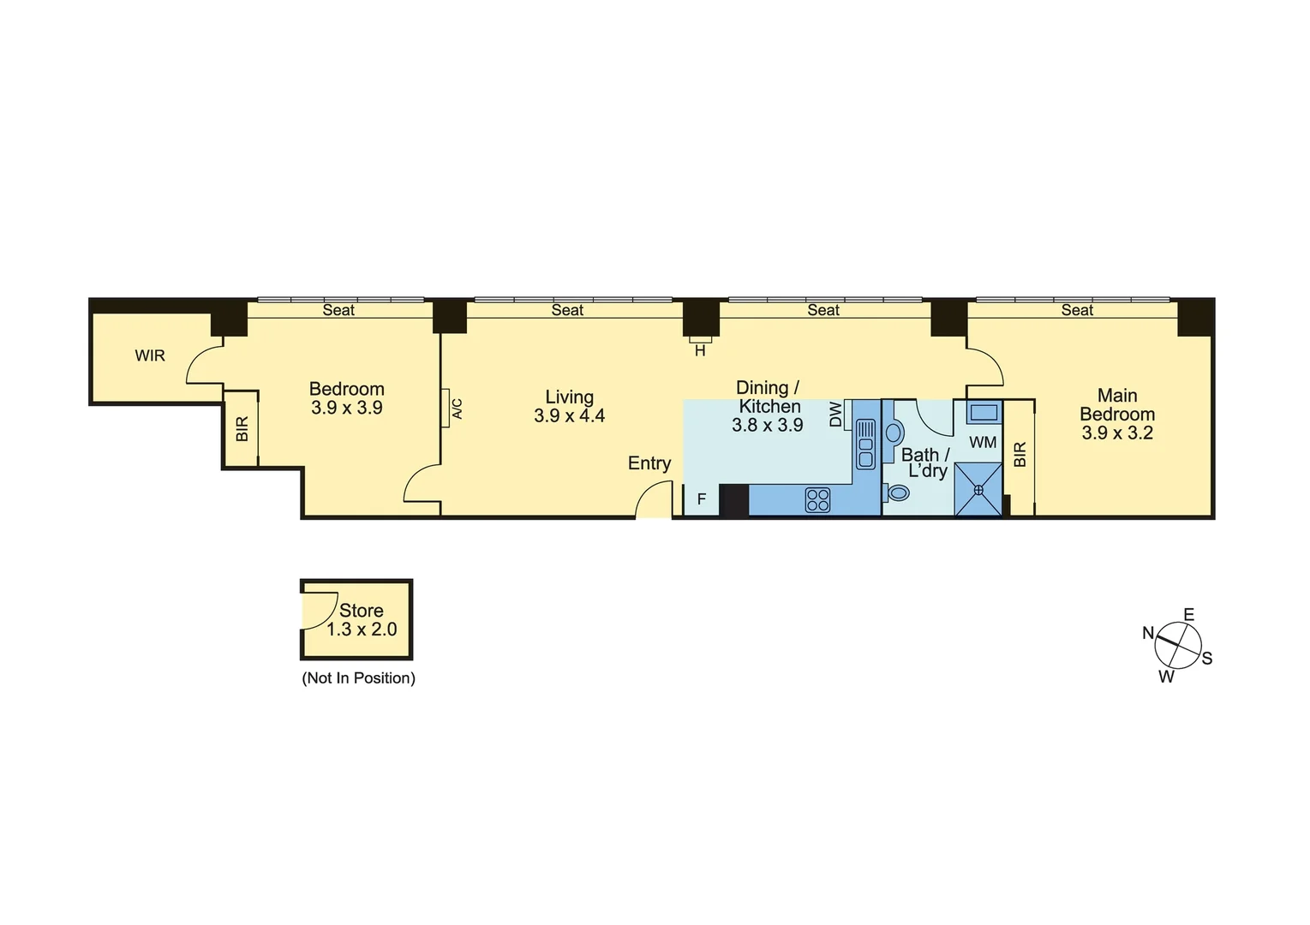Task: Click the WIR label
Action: coord(150,355)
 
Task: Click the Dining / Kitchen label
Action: coord(769,397)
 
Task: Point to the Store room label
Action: coord(361,611)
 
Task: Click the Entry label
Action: coord(649,463)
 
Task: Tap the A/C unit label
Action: coord(457,409)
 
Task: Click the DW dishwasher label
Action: coord(835,415)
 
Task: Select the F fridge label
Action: coord(701,498)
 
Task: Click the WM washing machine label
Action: coord(983,442)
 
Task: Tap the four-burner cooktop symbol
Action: coord(817,499)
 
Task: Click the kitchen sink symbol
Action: coord(865,444)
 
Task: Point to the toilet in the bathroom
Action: coord(897,492)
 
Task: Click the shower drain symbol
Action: coord(978,490)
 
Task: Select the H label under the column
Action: coord(700,350)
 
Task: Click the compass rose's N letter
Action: coord(1148,633)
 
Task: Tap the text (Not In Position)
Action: coord(358,678)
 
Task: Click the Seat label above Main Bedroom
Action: coord(1077,310)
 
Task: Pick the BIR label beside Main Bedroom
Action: coord(1020,455)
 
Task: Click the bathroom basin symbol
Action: coord(894,431)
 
